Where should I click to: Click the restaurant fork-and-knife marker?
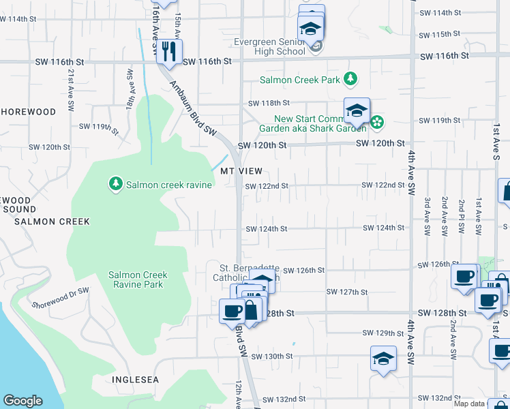coord(168,50)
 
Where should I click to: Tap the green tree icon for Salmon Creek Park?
coord(350,79)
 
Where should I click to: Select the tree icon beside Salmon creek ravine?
coord(116,184)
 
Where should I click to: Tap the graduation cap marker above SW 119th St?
coord(357,110)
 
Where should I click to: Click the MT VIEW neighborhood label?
coord(241,171)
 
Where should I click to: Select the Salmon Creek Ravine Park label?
coord(138,279)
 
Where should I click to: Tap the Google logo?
coord(23,401)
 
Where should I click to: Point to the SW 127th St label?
coord(347,292)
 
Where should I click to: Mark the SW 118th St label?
coord(268,103)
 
